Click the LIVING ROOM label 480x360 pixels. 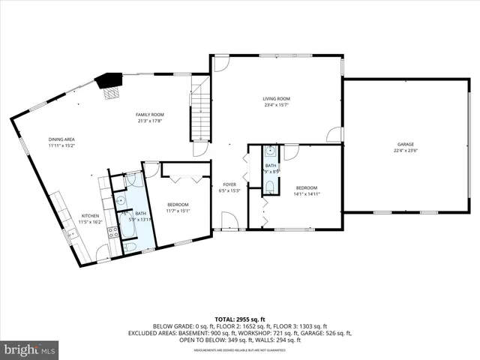coord(276,99)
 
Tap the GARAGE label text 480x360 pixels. coord(406,144)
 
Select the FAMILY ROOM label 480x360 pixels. coord(149,115)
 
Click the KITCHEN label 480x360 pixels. coord(90,216)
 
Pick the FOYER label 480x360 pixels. coord(229,184)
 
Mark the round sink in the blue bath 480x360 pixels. coord(120,200)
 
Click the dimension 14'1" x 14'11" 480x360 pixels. coord(307,193)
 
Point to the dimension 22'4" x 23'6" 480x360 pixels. coord(406,151)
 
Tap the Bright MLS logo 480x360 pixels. coord(30,349)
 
